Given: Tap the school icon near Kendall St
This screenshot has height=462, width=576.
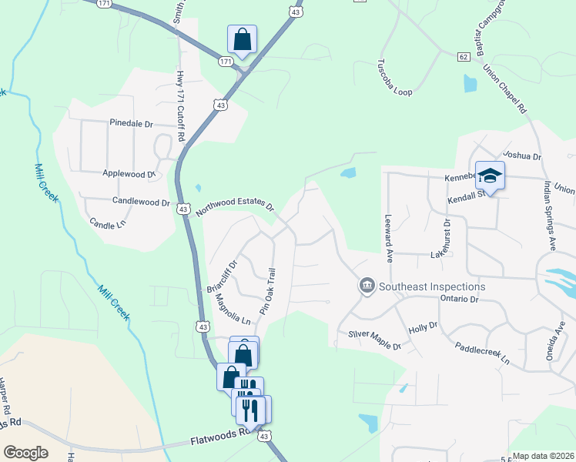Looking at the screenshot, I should pos(490,176).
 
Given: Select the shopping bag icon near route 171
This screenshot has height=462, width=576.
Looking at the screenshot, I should pos(242,39).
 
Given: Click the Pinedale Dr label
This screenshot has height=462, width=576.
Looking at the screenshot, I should pos(132,123).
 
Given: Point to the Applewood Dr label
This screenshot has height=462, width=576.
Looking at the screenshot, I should pos(129,175).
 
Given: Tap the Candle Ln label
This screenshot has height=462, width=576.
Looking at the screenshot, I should pos(108,224).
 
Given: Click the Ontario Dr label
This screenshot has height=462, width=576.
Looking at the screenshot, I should pos(460,299).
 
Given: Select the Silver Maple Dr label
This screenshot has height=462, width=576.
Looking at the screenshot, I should pos(375,340).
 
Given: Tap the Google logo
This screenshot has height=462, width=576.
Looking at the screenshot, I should pos(25,453).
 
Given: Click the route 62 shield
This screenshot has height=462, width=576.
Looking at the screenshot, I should pos(463,57).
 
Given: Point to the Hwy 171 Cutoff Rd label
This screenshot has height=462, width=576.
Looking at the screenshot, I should pos(182,106).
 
